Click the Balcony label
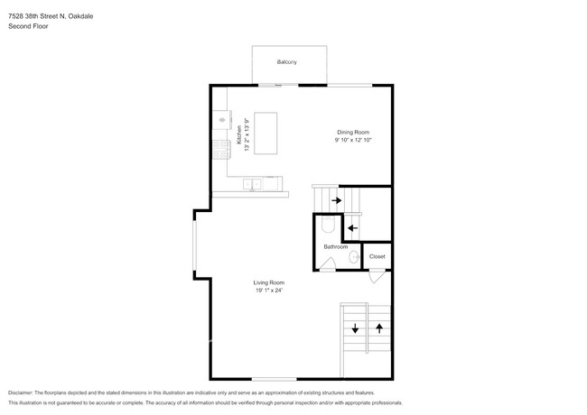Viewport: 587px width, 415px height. point(287,61)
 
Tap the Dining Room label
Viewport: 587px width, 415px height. point(353,132)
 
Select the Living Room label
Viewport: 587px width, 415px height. point(269,282)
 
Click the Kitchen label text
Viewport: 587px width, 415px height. point(238,134)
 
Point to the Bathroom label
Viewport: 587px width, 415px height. point(335,247)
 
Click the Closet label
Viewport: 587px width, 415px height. point(377,256)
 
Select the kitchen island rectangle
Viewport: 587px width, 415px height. point(266,134)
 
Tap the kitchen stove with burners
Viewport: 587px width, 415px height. point(221,150)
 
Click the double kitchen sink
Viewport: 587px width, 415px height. point(252,184)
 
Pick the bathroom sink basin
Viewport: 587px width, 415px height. point(354,257)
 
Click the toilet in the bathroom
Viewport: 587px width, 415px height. point(329,224)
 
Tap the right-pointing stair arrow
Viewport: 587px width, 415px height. point(337,200)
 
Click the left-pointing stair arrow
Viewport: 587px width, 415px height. point(352,227)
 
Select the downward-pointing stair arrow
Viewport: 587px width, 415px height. point(355,328)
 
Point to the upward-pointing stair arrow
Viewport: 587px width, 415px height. point(379,328)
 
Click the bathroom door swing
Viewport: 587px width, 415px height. point(327,264)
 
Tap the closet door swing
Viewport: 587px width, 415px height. point(377,277)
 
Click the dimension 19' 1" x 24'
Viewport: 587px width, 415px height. point(269,290)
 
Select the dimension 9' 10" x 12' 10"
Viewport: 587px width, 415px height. point(353,140)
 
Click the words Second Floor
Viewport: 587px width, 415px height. point(28,26)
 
